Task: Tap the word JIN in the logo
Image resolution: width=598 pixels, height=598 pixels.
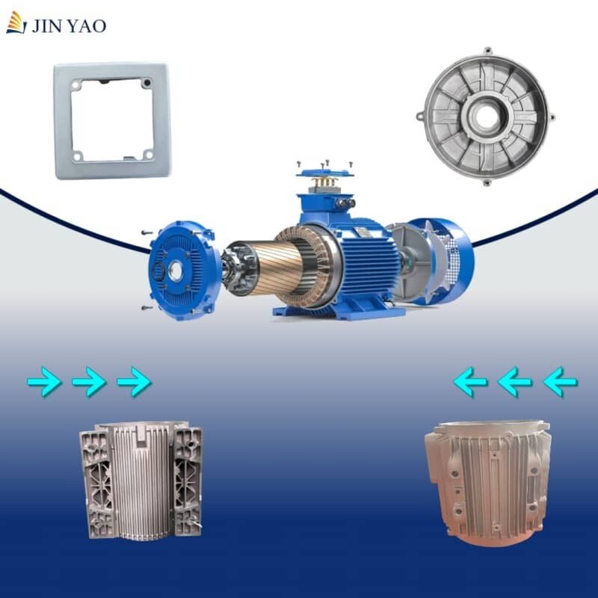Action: (x=46, y=26)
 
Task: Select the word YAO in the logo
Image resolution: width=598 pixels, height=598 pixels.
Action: (x=88, y=26)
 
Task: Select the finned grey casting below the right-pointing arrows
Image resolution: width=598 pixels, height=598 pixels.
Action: (x=141, y=479)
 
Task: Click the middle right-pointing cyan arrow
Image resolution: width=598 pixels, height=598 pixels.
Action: (x=89, y=383)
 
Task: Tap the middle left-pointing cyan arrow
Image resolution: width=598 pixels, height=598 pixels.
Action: (x=515, y=383)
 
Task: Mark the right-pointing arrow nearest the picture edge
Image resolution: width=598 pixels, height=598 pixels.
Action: (x=44, y=383)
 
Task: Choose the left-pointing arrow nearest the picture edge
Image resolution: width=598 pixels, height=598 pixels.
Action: (x=560, y=383)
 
